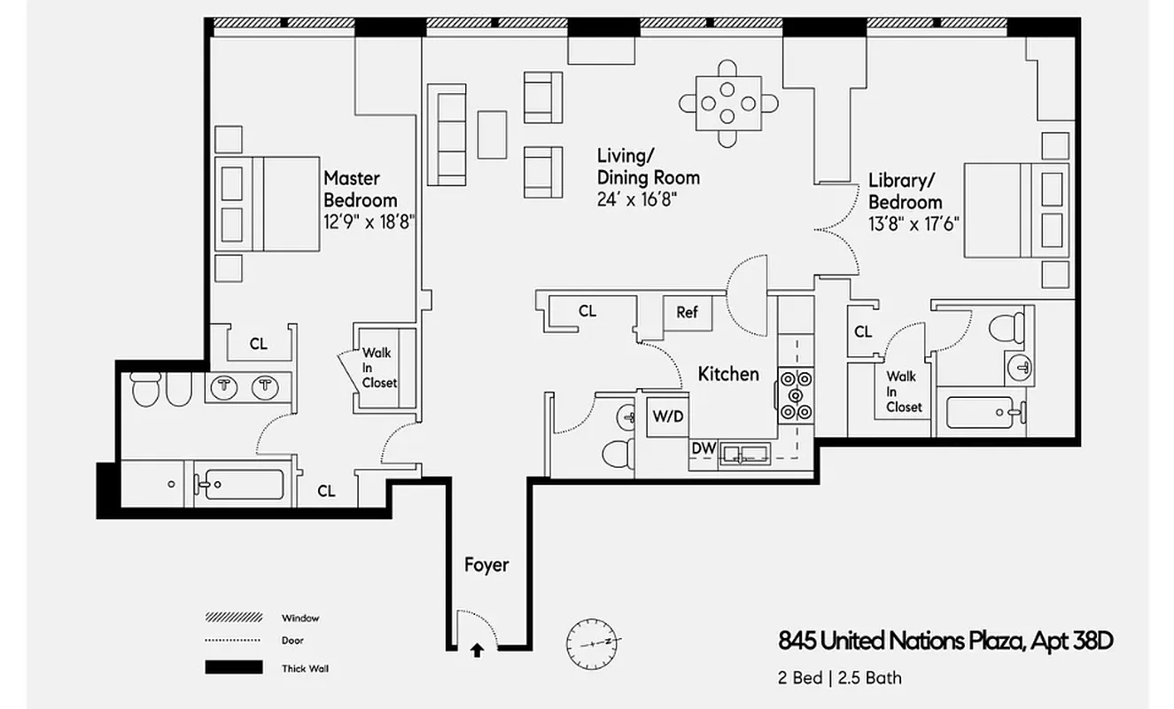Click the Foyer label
(x=486, y=565)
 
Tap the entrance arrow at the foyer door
(x=477, y=650)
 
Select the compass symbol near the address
(x=591, y=640)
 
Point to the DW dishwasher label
(x=704, y=449)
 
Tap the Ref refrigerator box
(x=688, y=312)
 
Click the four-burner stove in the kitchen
(x=796, y=393)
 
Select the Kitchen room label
(x=728, y=374)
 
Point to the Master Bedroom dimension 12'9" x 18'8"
(x=369, y=222)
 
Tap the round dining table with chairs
(x=727, y=102)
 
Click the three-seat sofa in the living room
(x=447, y=134)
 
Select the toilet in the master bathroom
(x=145, y=388)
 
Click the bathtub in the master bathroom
(x=238, y=485)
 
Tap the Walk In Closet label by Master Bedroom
(x=378, y=368)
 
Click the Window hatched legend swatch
(x=234, y=617)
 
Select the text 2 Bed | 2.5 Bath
(x=838, y=678)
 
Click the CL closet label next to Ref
(x=587, y=311)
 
